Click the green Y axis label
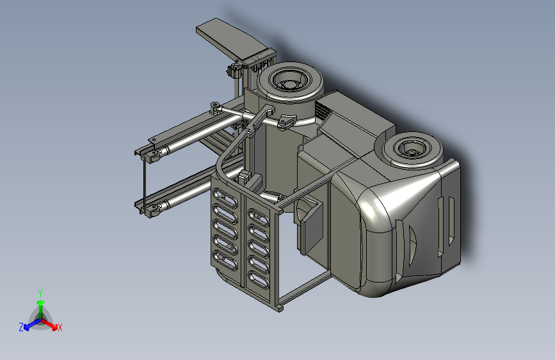tap(40, 293)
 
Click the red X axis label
tap(60, 327)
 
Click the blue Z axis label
tap(21, 327)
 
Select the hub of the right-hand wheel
tap(412, 152)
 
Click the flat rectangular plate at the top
tap(232, 38)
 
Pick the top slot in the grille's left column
tap(225, 198)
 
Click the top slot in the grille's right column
tap(259, 218)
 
